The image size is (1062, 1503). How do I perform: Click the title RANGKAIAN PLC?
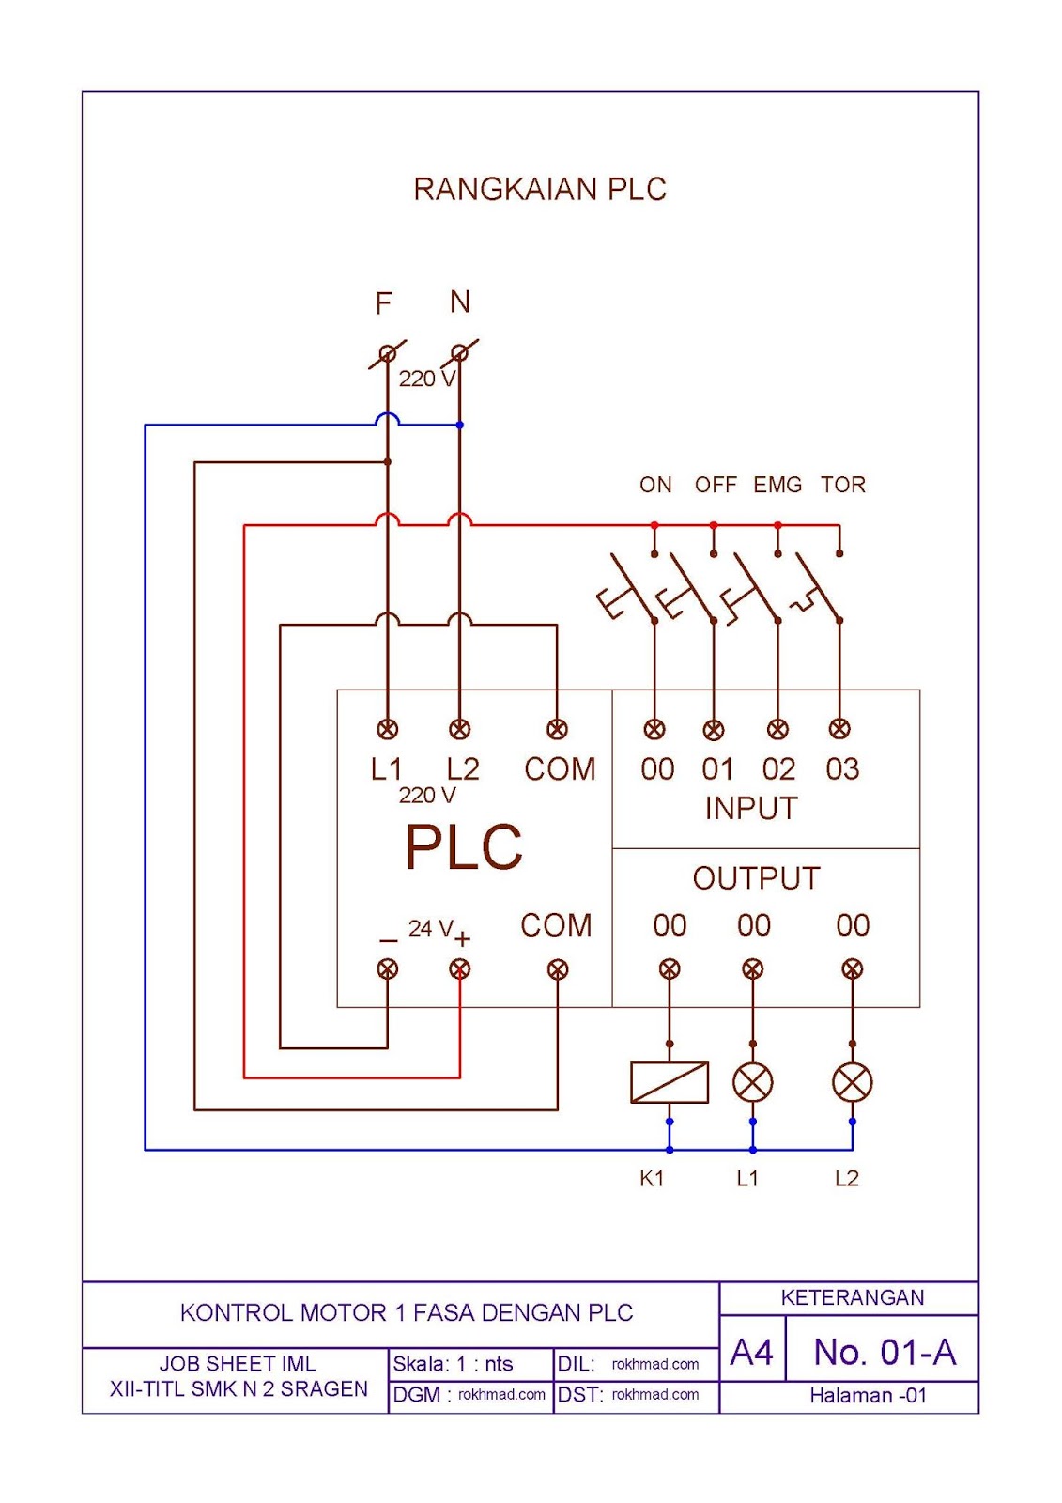point(539,189)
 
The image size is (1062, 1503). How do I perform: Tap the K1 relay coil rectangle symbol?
point(670,1082)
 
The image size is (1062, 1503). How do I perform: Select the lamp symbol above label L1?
point(752,1082)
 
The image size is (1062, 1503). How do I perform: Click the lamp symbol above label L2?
point(852,1082)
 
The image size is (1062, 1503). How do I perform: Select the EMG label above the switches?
point(777,485)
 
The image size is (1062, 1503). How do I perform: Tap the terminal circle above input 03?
point(839,728)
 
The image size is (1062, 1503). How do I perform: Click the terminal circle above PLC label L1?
point(387,728)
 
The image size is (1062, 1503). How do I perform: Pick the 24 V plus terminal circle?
point(459,968)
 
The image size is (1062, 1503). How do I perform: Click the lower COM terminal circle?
point(557,968)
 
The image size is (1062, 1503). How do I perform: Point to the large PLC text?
point(463,847)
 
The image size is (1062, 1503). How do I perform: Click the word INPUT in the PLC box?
point(750,808)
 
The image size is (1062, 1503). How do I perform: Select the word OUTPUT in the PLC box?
point(756,878)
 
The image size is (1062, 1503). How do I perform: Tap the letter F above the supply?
point(383,303)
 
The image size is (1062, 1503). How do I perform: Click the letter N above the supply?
point(459,302)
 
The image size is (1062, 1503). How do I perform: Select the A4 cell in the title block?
point(751,1352)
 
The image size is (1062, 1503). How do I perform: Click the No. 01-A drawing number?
point(884,1352)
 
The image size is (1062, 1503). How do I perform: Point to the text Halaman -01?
point(868,1396)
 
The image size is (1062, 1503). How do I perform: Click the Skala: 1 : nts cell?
point(454,1364)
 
